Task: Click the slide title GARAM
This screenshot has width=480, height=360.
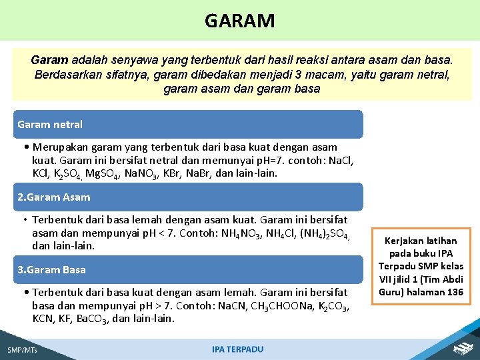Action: click(239, 21)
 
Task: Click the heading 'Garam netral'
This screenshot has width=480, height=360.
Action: click(50, 125)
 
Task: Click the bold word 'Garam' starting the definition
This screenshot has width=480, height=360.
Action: click(49, 60)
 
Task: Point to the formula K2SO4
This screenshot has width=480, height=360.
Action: click(67, 173)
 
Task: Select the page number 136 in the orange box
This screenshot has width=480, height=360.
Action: click(455, 292)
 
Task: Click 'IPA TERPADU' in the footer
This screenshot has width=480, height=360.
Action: click(237, 349)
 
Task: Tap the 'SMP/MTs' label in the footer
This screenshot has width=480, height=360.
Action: click(21, 350)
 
